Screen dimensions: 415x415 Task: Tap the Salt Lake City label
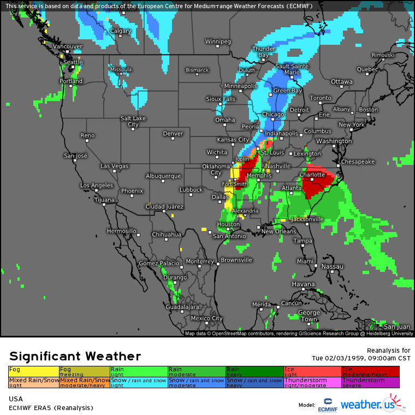point(133,121)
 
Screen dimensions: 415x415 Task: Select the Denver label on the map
point(173,133)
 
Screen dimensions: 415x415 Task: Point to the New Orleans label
point(278,232)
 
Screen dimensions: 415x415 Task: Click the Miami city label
point(305,261)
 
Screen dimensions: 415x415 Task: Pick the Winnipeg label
point(218,41)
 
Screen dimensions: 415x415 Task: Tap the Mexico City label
point(206,318)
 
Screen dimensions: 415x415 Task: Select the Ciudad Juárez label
point(162,206)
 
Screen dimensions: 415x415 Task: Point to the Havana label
point(303,284)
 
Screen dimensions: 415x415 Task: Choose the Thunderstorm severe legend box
point(370,382)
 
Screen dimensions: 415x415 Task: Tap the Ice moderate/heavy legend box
point(370,371)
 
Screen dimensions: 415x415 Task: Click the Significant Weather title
point(75,356)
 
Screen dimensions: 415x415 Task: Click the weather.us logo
point(373,404)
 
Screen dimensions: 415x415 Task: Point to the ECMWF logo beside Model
point(327,404)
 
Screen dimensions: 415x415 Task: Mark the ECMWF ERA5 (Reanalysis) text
point(51,408)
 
